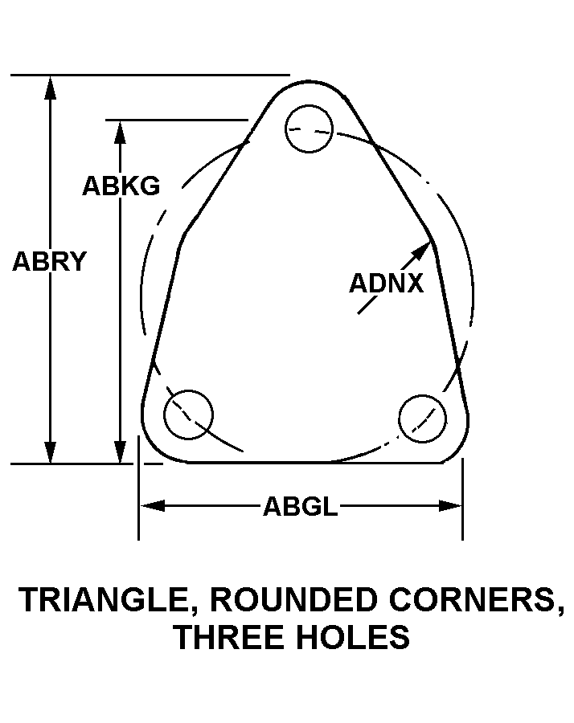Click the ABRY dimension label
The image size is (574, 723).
tap(49, 262)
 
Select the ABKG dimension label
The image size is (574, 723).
tap(121, 186)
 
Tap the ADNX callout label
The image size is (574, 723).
tap(386, 284)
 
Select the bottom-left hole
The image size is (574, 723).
tap(188, 415)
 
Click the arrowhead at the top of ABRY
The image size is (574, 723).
tap(51, 87)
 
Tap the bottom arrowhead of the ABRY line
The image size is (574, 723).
tap(51, 452)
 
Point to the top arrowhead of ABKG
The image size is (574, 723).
tap(121, 133)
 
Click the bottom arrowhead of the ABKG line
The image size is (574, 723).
tap(121, 452)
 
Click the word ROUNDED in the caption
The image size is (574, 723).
tap(296, 600)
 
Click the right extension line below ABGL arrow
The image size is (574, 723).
tap(462, 526)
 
